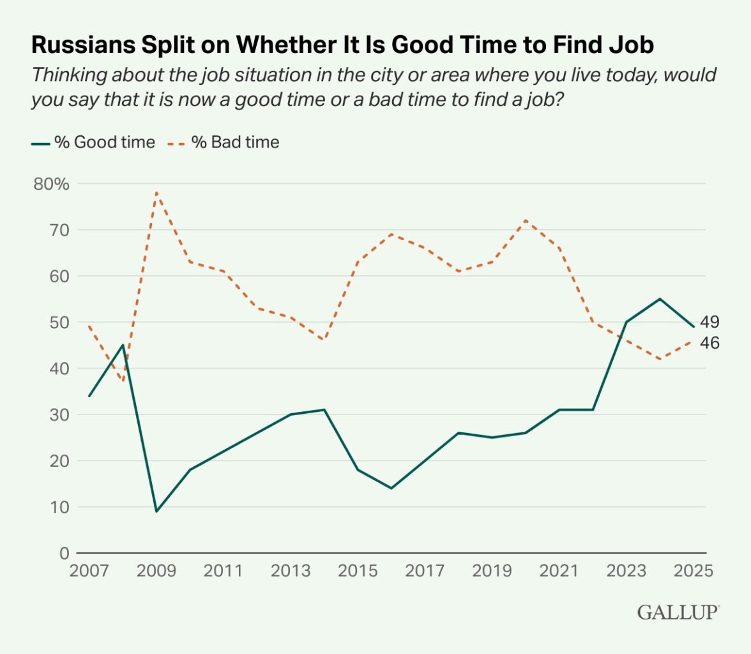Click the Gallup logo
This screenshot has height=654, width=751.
(x=678, y=612)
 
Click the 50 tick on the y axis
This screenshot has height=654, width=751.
(x=59, y=323)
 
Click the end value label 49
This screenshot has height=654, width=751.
(x=709, y=321)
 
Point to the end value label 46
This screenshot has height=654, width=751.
(x=709, y=343)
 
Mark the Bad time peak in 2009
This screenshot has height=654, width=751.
(x=156, y=192)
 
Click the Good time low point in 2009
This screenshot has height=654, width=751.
(x=156, y=512)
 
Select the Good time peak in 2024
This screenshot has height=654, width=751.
(x=660, y=299)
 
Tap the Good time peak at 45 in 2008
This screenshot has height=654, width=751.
(x=123, y=346)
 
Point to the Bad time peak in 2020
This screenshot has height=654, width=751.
(x=526, y=220)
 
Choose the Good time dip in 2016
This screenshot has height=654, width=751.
(x=391, y=489)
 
